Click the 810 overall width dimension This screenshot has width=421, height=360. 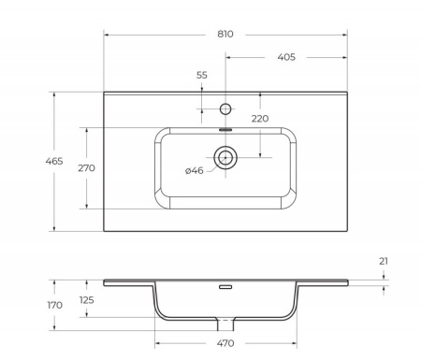tap(225, 34)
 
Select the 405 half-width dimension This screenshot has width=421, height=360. tap(286, 57)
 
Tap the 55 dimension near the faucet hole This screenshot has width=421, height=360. tap(202, 75)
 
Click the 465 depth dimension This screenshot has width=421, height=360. tap(28, 162)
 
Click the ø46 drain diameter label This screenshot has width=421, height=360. tap(195, 170)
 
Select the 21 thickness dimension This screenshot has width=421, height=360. tap(384, 262)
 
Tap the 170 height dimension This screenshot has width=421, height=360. tap(28, 305)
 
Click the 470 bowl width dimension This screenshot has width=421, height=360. tap(225, 344)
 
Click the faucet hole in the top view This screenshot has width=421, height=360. tap(225, 106)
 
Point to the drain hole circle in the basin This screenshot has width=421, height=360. tap(225, 157)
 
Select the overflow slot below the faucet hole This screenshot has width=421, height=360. tap(225, 130)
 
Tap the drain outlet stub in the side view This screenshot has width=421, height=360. tap(225, 325)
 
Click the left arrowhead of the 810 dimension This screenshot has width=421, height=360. tap(106, 35)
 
